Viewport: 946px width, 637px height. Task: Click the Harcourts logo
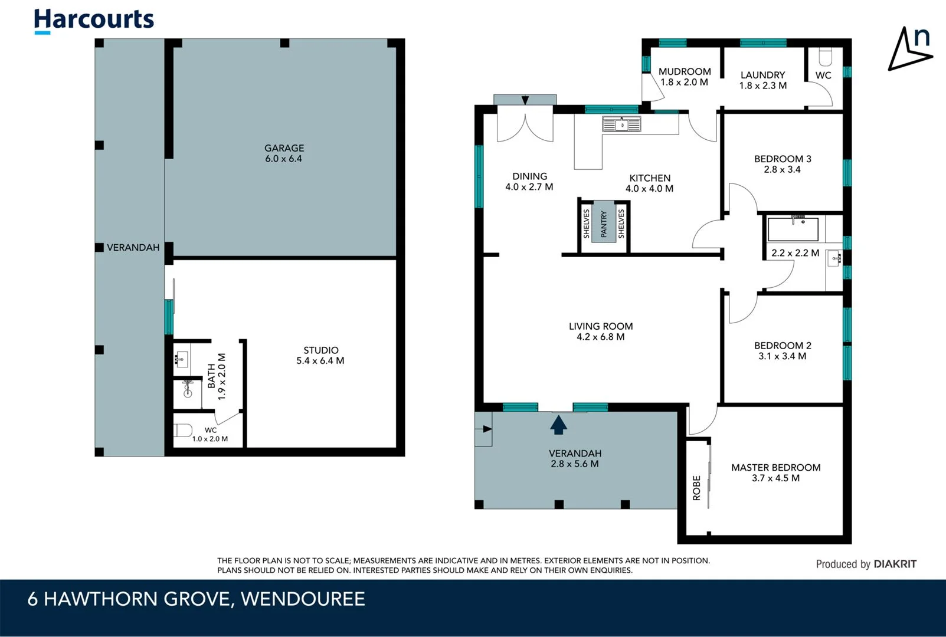(94, 20)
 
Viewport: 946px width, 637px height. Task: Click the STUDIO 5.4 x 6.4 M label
(320, 355)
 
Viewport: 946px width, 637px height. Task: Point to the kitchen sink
(621, 124)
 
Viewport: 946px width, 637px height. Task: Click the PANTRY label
(604, 225)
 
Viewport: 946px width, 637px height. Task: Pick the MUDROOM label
(685, 71)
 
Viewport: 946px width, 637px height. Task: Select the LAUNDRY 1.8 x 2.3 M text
(762, 80)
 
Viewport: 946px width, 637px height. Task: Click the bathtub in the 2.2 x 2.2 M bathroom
(793, 229)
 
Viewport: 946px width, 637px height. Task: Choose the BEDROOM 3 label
(783, 159)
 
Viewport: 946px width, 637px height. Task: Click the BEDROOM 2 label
(783, 346)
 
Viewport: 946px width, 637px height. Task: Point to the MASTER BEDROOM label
(775, 468)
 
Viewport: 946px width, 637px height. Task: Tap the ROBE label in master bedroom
(696, 488)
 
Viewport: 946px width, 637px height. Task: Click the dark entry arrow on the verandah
(558, 425)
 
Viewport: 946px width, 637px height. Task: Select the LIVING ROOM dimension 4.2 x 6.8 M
(601, 337)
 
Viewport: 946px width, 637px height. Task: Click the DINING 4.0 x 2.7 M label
(529, 182)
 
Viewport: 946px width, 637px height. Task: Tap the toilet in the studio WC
(182, 430)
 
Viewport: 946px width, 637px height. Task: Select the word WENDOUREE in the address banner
(303, 599)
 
